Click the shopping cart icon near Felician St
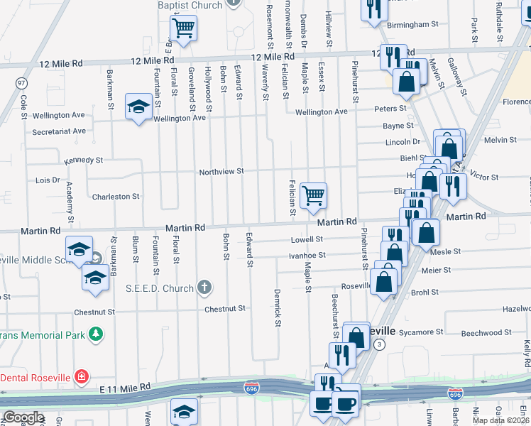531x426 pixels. point(313,195)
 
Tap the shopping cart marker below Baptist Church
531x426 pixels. point(183,28)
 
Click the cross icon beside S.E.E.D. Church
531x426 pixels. point(204,288)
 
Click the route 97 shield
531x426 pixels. point(21,82)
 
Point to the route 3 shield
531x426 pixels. point(381,344)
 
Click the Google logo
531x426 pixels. point(23,417)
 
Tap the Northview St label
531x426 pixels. point(221,172)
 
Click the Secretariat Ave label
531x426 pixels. point(59,131)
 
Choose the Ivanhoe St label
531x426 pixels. point(307,255)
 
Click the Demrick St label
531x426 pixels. point(279,308)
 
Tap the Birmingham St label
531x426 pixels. point(413,25)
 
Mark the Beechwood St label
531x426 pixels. point(486,332)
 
